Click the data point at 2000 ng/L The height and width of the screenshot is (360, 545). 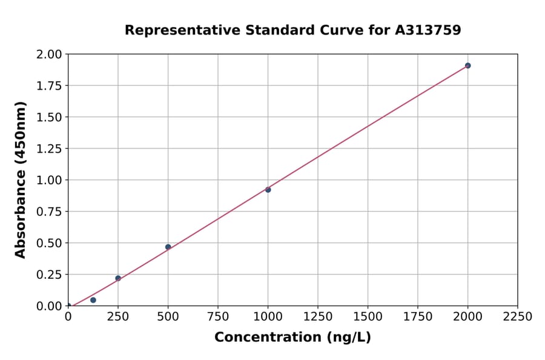[x=467, y=65]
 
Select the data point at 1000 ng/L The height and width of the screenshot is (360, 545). [x=268, y=190]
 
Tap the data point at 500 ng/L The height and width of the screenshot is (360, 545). [x=168, y=247]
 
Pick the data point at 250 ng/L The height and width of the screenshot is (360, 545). [x=118, y=278]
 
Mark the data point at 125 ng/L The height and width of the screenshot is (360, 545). [x=93, y=300]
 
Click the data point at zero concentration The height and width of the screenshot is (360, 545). [x=68, y=305]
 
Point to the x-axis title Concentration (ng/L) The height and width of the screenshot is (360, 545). [x=292, y=338]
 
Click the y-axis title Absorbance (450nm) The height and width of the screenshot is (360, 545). [x=21, y=179]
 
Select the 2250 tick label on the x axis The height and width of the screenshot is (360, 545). [x=518, y=317]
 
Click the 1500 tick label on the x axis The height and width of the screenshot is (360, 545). [x=368, y=317]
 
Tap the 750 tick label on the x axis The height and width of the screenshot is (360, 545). [x=218, y=317]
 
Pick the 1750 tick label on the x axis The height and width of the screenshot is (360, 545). [x=418, y=317]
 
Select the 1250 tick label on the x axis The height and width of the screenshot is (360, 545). [x=318, y=317]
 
